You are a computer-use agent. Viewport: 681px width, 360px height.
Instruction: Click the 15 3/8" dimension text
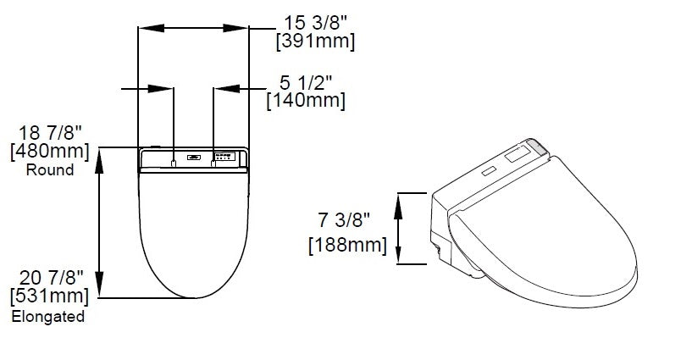(x=316, y=23)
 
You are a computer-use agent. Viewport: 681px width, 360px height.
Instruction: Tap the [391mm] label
(x=316, y=42)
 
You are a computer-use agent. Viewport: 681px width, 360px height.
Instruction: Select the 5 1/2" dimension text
(x=306, y=82)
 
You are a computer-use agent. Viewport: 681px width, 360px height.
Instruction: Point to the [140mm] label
(x=306, y=101)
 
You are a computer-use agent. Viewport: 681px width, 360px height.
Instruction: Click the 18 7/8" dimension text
(x=50, y=133)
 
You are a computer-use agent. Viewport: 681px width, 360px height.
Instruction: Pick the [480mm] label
(x=50, y=152)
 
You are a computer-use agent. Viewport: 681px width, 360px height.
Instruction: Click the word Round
(x=50, y=169)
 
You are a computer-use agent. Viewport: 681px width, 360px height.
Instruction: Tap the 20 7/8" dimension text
(x=51, y=278)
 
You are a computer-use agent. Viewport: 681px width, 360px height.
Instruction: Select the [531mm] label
(x=49, y=296)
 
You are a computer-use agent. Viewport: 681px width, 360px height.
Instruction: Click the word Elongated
(x=47, y=316)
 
